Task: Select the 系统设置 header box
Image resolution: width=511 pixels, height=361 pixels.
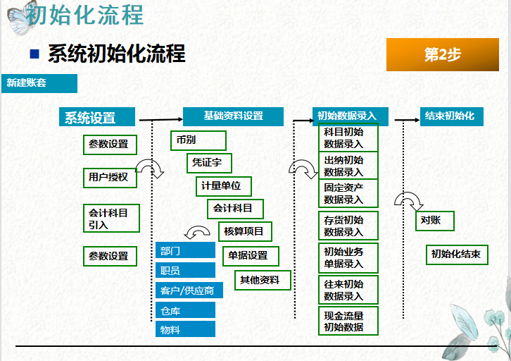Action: click(x=98, y=118)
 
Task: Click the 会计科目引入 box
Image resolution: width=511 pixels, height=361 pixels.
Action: click(x=111, y=218)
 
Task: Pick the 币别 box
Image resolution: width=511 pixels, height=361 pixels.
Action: click(x=198, y=140)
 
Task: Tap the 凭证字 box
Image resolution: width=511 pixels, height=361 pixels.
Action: click(x=209, y=163)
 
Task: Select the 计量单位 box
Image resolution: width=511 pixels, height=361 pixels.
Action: click(x=223, y=186)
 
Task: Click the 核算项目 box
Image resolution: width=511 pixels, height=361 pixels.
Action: click(x=244, y=231)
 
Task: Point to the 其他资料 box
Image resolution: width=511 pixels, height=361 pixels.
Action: click(x=262, y=280)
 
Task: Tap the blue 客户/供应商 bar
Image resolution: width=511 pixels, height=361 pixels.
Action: click(x=185, y=290)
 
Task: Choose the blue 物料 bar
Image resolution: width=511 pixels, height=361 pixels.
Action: click(x=185, y=329)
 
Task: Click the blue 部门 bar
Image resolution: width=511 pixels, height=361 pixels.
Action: click(x=185, y=250)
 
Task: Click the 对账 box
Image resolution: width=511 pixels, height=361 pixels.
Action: click(x=434, y=220)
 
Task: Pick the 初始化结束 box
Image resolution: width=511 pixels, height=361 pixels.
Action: click(x=455, y=254)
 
